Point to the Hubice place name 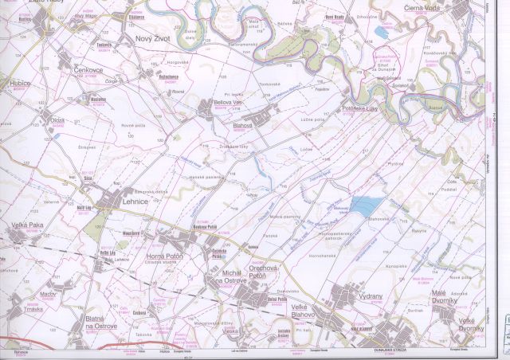coord(15,84)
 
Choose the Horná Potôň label coord(166,256)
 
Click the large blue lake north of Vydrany coord(364,205)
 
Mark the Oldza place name coord(57,120)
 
